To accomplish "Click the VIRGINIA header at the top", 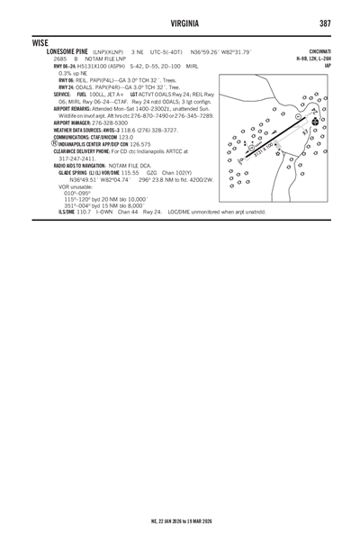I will pyautogui.click(x=179, y=23).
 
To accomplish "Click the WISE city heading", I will pyautogui.click(x=40, y=41).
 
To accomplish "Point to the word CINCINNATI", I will pyautogui.click(x=318, y=52).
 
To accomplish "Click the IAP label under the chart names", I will pyautogui.click(x=328, y=66).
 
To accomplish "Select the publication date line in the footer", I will pyautogui.click(x=179, y=521).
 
